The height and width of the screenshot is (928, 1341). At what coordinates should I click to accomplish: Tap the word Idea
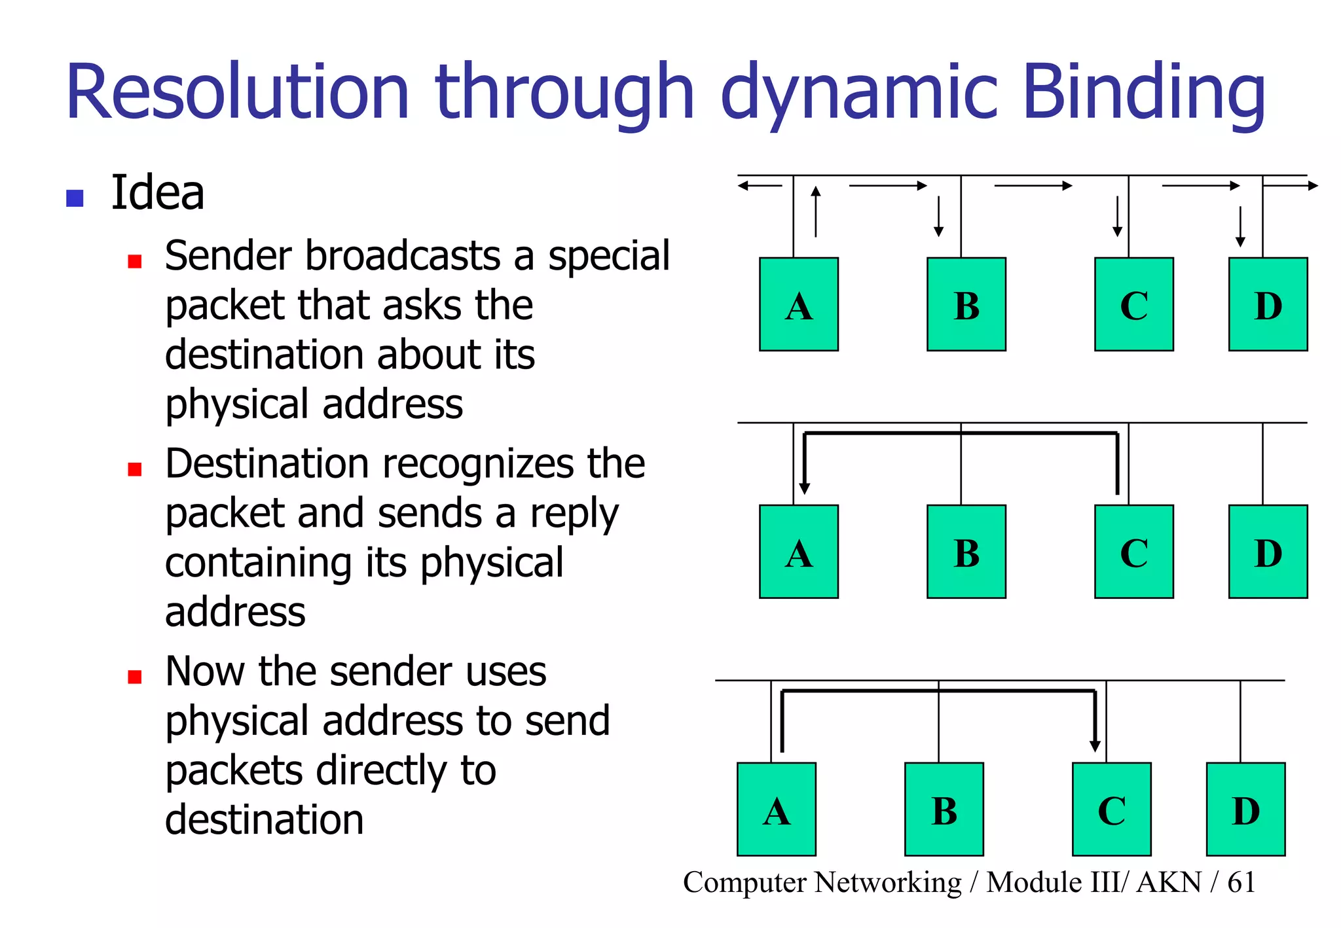point(158,193)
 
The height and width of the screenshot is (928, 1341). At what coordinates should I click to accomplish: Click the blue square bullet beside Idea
point(75,198)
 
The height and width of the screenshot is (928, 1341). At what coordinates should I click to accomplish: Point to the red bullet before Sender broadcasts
point(135,262)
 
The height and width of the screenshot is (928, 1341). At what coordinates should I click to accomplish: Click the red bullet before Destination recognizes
point(135,469)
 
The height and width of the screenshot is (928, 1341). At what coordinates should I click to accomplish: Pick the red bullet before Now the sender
point(135,677)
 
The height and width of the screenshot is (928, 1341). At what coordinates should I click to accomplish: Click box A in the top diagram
point(798,304)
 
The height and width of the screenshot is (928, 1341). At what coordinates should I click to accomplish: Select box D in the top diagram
point(1268,304)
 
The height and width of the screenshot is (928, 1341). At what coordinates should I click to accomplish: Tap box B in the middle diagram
point(966,552)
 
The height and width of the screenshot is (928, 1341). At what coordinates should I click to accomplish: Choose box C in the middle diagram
point(1133,552)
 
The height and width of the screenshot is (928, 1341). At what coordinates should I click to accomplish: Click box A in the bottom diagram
point(776,810)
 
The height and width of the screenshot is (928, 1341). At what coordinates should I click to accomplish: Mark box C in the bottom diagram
point(1111,810)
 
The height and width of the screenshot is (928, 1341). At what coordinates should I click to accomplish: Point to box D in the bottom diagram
point(1245,810)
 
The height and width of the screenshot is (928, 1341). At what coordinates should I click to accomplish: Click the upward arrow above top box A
point(815,211)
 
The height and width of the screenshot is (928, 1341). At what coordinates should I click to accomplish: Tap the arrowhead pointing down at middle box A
point(805,488)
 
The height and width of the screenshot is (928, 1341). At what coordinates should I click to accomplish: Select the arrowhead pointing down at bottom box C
point(1095,746)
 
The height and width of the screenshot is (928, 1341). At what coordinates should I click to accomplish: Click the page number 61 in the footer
point(1241,882)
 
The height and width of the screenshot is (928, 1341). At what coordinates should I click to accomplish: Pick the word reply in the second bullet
point(574,514)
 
